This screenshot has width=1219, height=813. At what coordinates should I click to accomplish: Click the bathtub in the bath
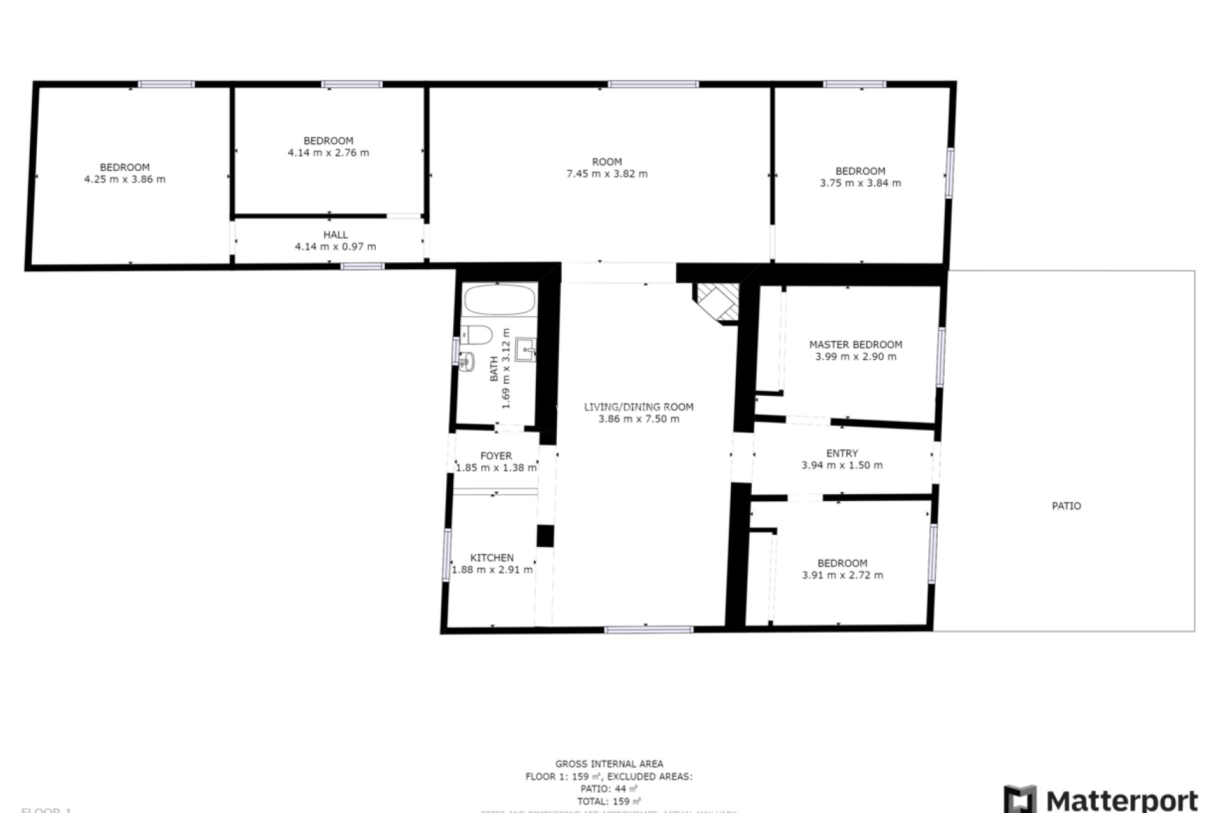coord(499,299)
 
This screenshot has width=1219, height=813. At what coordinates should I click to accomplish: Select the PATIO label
coord(1066,506)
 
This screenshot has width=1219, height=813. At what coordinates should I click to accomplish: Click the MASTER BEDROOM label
coord(855,345)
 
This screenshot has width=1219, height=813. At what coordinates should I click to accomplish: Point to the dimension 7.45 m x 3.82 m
coord(607,174)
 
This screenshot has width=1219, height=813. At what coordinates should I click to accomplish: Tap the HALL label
coord(335,235)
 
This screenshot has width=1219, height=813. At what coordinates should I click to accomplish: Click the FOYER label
coord(496,456)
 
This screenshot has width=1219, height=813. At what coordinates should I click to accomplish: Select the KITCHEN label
coord(491,558)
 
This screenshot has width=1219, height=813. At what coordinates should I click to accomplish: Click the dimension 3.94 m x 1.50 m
coord(842,466)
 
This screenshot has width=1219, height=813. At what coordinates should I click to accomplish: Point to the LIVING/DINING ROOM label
coord(639,407)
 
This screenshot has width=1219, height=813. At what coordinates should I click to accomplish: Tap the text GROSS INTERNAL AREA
coord(609,764)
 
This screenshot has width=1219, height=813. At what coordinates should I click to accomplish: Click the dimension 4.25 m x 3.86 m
coord(124,180)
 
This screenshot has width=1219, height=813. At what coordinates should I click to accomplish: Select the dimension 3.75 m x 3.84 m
coord(860,184)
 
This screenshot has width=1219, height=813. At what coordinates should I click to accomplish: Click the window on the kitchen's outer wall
coord(447,555)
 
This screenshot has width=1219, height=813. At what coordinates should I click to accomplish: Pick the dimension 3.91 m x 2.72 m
coord(842,575)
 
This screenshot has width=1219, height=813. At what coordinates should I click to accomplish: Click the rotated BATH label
coord(494,369)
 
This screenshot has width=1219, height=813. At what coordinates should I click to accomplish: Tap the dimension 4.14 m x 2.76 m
coord(328,153)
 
